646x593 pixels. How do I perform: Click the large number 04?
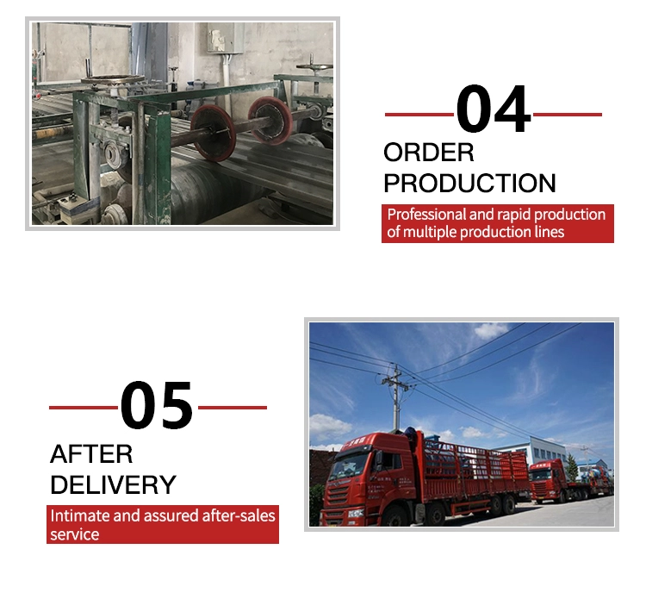(x=493, y=109)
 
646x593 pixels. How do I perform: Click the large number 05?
(x=157, y=404)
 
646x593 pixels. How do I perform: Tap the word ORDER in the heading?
(x=429, y=153)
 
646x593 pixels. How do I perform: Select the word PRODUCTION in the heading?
(x=469, y=183)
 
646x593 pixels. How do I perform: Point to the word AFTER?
(x=91, y=454)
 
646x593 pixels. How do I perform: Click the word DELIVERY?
(x=113, y=484)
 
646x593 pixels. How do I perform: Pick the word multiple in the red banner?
(x=430, y=232)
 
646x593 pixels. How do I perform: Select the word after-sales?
(x=238, y=516)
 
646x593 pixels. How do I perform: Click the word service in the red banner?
(x=75, y=534)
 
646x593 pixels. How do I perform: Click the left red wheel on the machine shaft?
(x=213, y=133)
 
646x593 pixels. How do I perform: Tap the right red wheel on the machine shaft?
(x=270, y=120)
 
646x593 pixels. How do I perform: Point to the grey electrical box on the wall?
(x=225, y=37)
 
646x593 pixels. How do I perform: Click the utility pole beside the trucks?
(x=396, y=398)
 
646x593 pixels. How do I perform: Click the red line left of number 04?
(x=419, y=115)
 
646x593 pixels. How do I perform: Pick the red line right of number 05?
(x=233, y=408)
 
